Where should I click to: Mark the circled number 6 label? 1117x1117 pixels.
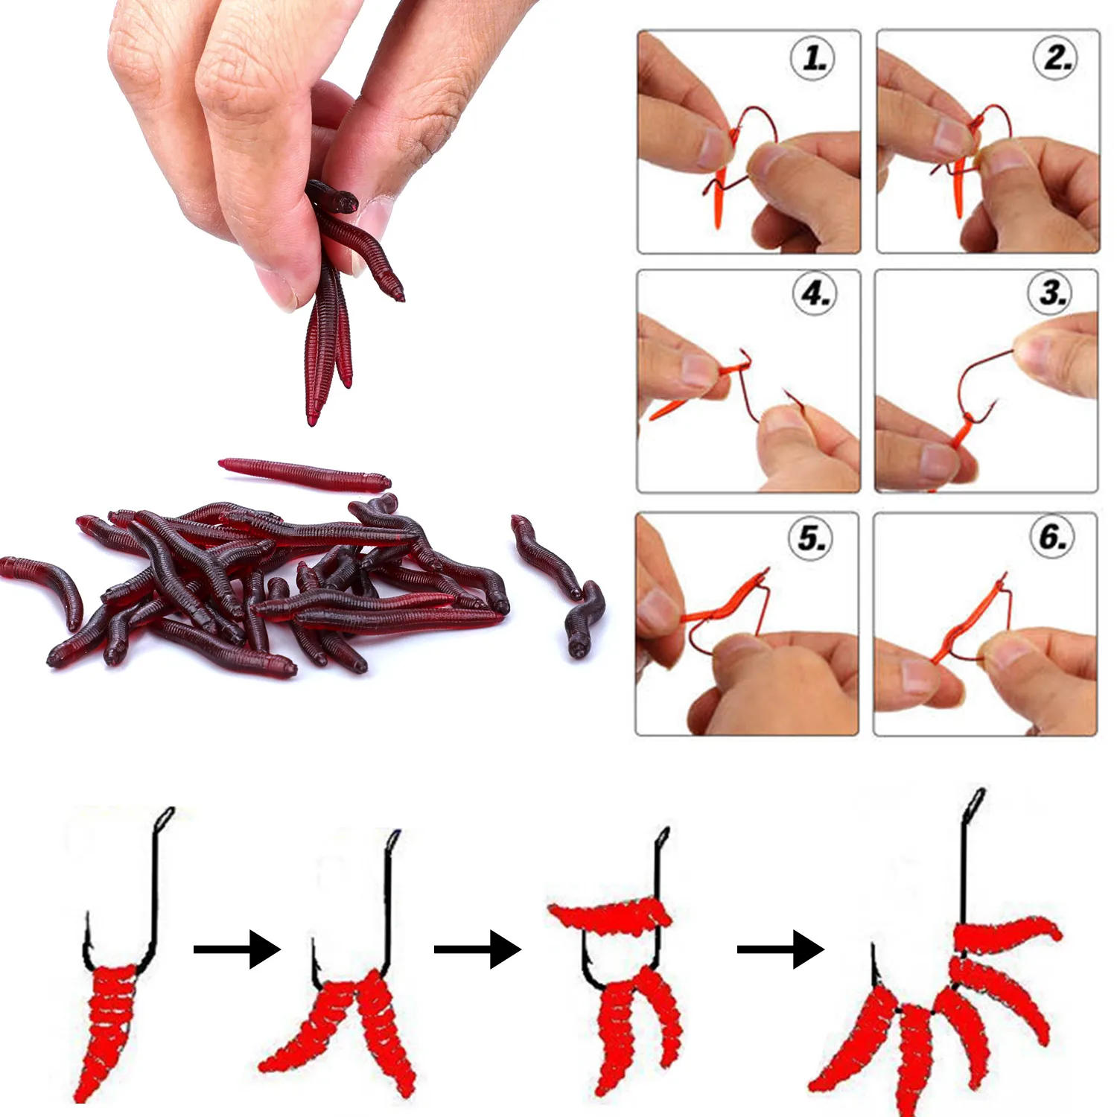click(1053, 536)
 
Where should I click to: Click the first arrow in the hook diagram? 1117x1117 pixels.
click(237, 949)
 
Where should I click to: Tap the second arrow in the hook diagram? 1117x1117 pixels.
click(477, 949)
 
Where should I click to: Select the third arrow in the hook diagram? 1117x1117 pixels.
click(780, 949)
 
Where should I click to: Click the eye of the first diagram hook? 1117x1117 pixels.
click(165, 818)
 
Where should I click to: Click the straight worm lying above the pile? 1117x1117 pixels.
click(304, 472)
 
